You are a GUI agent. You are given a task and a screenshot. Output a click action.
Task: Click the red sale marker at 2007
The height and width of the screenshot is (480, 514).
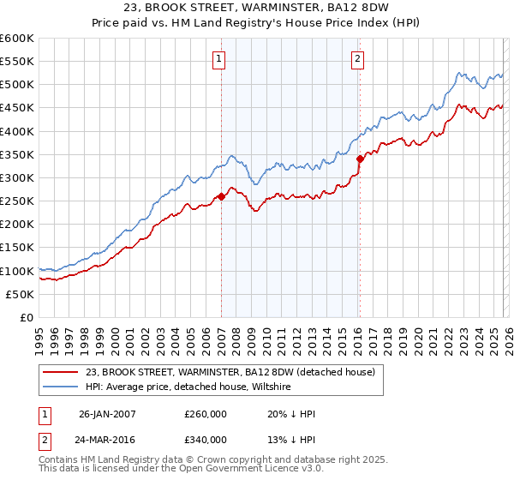221,196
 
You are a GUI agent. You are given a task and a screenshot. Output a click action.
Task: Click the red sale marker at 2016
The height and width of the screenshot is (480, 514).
360,159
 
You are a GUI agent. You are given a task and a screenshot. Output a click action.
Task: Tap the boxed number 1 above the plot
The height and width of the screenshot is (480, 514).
219,59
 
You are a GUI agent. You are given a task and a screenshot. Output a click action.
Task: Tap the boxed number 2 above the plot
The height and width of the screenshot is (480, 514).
357,59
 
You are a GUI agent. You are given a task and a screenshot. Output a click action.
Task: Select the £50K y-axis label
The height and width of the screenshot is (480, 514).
20,294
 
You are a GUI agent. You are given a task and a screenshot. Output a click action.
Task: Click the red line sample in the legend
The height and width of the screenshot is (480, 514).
61,372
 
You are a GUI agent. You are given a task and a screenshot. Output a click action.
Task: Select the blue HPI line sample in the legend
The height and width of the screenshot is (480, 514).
61,387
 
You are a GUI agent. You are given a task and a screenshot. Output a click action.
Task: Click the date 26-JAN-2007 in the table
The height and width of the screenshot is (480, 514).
107,414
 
